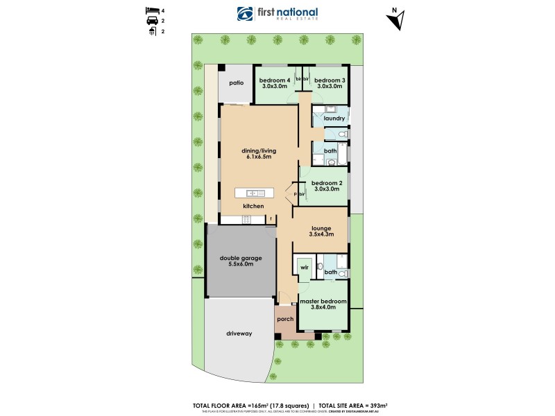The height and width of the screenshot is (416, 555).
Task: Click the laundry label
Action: [334, 119]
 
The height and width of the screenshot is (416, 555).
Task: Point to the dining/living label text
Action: [258, 150]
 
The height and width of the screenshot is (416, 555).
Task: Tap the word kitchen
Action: [253, 207]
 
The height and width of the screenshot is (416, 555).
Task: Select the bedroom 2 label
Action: [326, 182]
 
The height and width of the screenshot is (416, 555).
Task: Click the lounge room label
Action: [320, 227]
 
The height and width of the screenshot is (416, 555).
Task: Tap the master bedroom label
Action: [323, 300]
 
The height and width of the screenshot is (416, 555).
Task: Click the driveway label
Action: [239, 333]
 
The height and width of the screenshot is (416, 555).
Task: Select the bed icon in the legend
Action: [150, 10]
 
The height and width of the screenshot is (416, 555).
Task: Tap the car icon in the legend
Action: [150, 21]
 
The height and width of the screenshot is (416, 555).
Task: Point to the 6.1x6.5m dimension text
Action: [258, 157]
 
